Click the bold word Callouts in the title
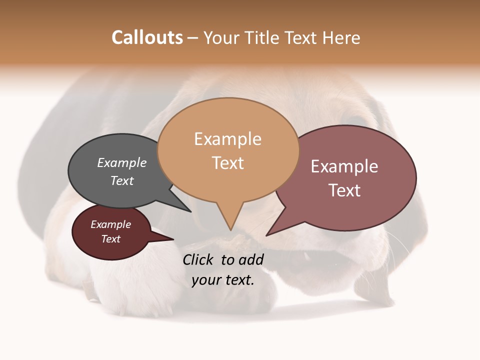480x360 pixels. pyautogui.click(x=147, y=37)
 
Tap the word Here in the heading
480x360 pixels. pyautogui.click(x=341, y=37)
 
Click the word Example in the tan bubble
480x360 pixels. pyautogui.click(x=227, y=139)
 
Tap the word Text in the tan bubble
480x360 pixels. pyautogui.click(x=228, y=163)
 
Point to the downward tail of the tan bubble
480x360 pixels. pyautogui.click(x=230, y=220)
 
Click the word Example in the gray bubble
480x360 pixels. pyautogui.click(x=121, y=163)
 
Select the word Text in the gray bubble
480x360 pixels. pyautogui.click(x=121, y=180)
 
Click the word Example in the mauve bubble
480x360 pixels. pyautogui.click(x=344, y=166)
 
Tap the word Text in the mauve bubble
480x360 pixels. pyautogui.click(x=344, y=190)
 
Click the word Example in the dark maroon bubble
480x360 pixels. pyautogui.click(x=110, y=224)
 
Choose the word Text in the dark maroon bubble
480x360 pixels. pyautogui.click(x=110, y=239)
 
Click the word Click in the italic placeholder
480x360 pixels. pyautogui.click(x=199, y=259)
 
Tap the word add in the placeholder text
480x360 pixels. pyautogui.click(x=251, y=259)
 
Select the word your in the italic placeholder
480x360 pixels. pyautogui.click(x=206, y=280)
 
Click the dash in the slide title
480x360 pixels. pyautogui.click(x=193, y=38)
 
